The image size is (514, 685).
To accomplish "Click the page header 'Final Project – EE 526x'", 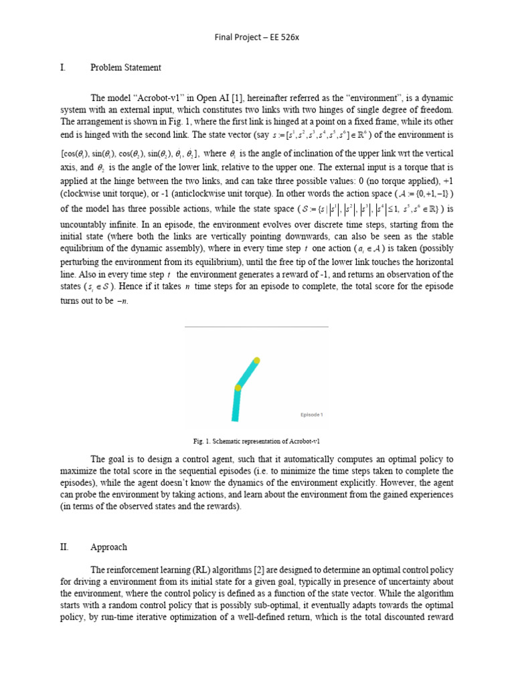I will click(x=256, y=37).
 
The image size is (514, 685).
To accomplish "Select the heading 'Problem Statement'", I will click(x=126, y=68).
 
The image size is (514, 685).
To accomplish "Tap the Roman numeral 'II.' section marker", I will click(x=64, y=547).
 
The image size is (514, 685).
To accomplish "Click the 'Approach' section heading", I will click(x=108, y=547).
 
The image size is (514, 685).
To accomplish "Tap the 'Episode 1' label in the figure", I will click(x=311, y=415).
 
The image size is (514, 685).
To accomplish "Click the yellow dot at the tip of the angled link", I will click(x=257, y=361).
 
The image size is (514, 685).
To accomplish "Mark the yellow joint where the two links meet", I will click(x=238, y=387).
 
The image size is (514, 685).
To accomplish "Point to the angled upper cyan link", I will click(x=247, y=375).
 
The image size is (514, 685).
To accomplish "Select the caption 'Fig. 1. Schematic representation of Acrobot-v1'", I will click(x=256, y=442).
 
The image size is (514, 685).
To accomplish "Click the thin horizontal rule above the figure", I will click(x=256, y=327).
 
